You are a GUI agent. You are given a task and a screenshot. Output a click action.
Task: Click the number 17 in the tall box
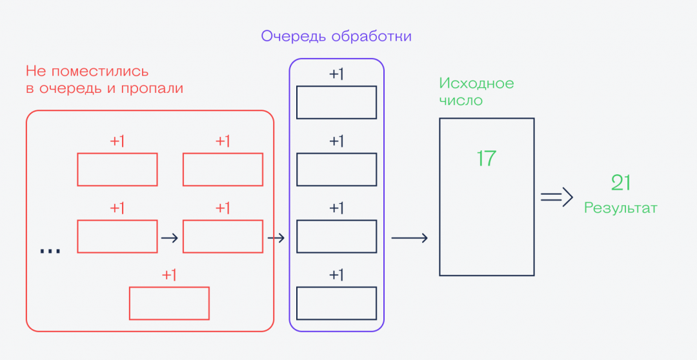point(486,158)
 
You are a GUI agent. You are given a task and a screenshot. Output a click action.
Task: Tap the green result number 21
point(620,183)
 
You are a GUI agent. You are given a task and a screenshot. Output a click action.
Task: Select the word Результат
point(620,208)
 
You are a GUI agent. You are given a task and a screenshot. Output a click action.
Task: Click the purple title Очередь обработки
point(336,36)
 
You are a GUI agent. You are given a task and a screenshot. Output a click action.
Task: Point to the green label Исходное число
point(476,92)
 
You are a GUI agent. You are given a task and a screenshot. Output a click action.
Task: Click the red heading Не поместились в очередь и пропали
point(105,79)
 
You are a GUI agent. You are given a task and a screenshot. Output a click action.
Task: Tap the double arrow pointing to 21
point(557,197)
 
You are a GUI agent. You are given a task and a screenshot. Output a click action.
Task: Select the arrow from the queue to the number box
point(409,238)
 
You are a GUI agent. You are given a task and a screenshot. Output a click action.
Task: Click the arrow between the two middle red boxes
point(169,237)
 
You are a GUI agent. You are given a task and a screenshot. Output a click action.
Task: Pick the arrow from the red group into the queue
point(276,238)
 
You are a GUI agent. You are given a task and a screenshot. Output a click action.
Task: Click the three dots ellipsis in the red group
point(50,250)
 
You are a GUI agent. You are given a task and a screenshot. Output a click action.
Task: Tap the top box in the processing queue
point(336,103)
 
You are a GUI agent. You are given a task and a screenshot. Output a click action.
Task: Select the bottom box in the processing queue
point(336,303)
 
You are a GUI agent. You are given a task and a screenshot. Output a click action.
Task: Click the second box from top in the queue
point(336,170)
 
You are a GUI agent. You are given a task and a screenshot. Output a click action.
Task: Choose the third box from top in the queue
point(336,236)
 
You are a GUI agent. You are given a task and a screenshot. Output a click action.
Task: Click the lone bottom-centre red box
point(169,303)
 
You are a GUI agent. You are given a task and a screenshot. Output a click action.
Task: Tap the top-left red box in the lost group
point(117,170)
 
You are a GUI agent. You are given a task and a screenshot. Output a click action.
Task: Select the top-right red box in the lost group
point(223,170)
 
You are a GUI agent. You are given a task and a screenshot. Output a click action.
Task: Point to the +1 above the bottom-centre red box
point(169,275)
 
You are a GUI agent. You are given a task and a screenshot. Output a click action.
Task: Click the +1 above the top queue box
point(336,74)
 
